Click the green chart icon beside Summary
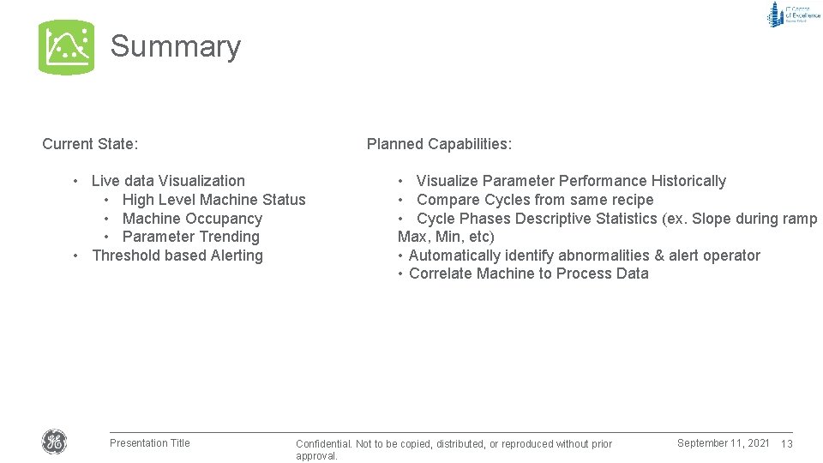(66, 47)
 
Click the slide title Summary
(176, 46)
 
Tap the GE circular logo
(54, 442)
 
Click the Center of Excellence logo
(793, 15)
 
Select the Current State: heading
(90, 144)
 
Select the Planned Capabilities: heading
(439, 144)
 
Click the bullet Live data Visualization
(168, 181)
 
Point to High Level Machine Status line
(213, 200)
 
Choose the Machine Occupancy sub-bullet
(192, 219)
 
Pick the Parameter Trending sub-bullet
(190, 237)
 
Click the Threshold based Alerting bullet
(177, 256)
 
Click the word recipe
(630, 200)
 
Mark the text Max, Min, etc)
(446, 237)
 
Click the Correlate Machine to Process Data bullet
(528, 274)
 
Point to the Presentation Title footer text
(150, 443)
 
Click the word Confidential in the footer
(324, 444)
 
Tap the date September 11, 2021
(723, 443)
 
